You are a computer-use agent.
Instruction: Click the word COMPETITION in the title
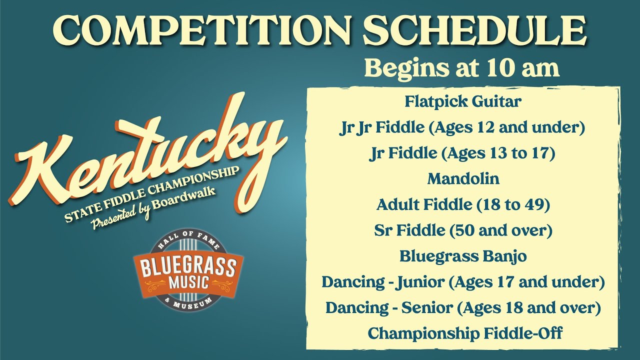tap(203, 31)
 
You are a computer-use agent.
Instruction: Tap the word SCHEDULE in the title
tap(475, 31)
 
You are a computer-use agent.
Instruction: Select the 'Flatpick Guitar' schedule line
tap(462, 101)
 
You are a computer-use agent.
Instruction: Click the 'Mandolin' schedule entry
tap(462, 178)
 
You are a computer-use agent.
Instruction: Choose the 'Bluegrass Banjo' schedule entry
tap(462, 256)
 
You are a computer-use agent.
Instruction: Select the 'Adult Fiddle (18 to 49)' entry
tap(462, 204)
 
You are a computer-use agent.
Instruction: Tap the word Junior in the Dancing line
tap(420, 282)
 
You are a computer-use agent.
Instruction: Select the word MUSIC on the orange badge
tap(188, 282)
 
